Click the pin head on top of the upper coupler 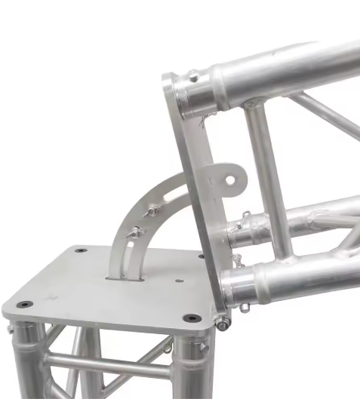click(x=194, y=75)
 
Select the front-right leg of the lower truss click(x=189, y=370)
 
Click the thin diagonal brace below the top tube click(x=325, y=113)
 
